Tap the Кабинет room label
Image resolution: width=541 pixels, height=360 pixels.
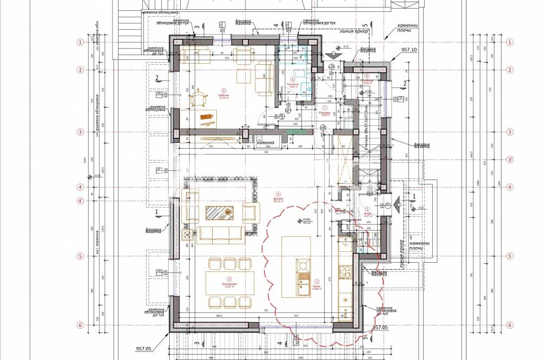click(222, 96)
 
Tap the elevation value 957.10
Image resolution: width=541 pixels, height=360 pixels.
click(409, 50)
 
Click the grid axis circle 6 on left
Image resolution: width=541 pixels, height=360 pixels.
click(81, 325)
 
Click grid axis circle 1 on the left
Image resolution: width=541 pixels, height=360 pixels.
click(81, 42)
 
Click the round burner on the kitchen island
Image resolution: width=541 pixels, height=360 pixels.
click(301, 265)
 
